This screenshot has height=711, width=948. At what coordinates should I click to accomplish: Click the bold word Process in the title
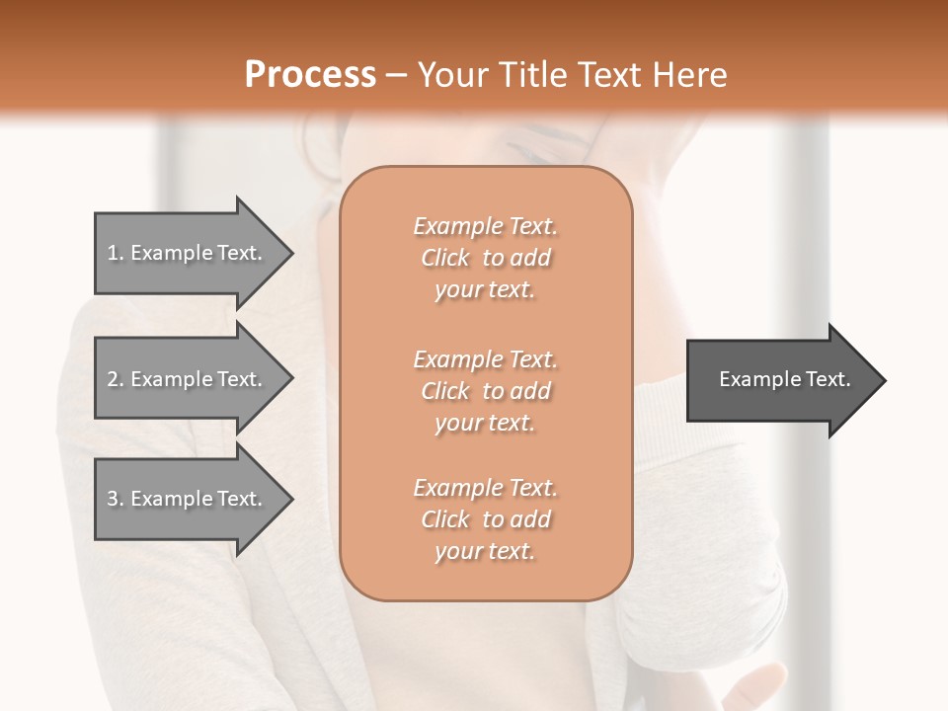(310, 74)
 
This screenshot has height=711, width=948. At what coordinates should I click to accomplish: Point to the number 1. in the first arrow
(116, 253)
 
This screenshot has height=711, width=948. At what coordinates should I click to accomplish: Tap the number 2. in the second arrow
(116, 379)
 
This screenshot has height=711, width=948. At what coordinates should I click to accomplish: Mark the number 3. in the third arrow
(116, 499)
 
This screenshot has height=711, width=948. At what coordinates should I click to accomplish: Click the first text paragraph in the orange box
(485, 258)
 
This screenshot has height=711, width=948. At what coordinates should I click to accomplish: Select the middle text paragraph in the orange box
(485, 391)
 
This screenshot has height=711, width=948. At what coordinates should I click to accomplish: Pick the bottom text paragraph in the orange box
(485, 519)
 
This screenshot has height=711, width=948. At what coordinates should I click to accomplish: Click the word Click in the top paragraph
(445, 258)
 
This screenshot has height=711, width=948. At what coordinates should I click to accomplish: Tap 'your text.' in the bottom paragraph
(485, 551)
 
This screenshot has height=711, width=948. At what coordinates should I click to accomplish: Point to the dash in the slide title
(396, 75)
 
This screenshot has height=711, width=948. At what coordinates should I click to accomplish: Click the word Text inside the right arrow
(828, 379)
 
